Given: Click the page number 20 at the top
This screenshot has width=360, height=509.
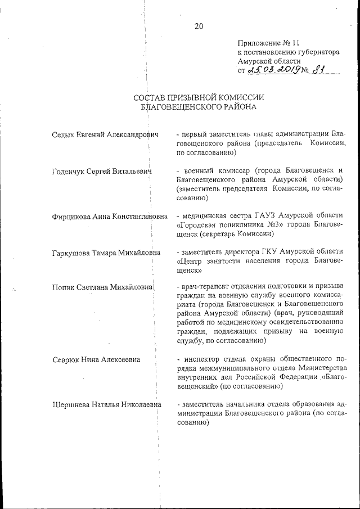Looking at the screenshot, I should pyautogui.click(x=198, y=26).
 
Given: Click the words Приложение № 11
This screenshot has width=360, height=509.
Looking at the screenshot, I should pyautogui.click(x=263, y=42).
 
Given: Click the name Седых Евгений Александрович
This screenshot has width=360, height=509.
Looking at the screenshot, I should pyautogui.click(x=105, y=134).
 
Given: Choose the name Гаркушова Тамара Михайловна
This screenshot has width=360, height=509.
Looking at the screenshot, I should pyautogui.click(x=106, y=253).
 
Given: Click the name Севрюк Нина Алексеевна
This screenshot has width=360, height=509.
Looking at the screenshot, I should pyautogui.click(x=96, y=359).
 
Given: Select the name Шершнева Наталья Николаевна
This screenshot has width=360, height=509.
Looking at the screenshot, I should pyautogui.click(x=106, y=404).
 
